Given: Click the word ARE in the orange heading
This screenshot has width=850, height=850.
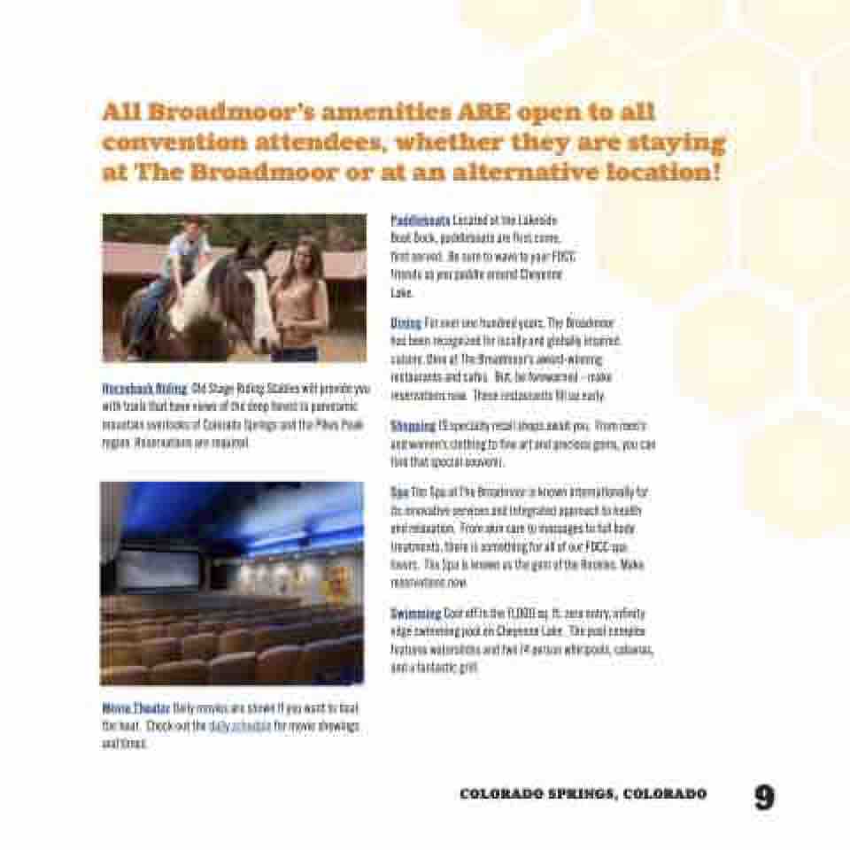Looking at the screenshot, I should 484,113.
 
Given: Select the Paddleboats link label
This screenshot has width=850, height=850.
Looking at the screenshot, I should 421,219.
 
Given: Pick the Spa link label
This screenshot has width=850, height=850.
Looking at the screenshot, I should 398,491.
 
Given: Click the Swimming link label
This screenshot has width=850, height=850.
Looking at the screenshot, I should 415,613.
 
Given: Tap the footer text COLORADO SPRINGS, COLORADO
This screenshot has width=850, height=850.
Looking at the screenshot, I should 583,794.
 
